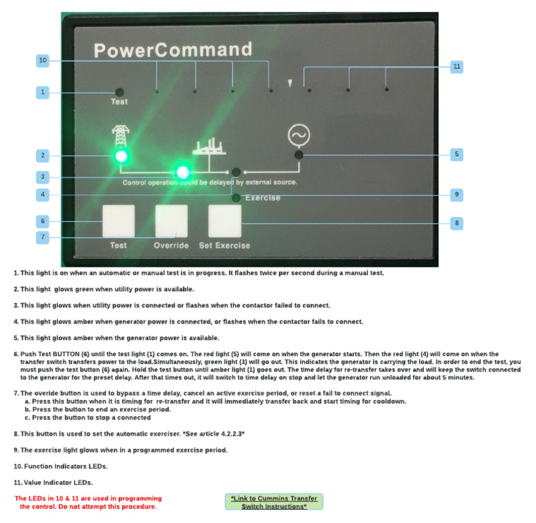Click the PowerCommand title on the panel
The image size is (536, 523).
click(x=172, y=50)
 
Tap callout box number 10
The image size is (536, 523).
click(x=43, y=61)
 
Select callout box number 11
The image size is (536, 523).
click(x=456, y=66)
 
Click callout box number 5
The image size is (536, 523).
click(x=456, y=154)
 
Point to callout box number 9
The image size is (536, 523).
click(x=456, y=194)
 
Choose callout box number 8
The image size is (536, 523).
click(x=456, y=223)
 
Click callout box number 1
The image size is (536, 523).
click(x=43, y=91)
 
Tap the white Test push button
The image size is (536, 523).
click(x=118, y=221)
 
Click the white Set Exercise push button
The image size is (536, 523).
click(x=225, y=221)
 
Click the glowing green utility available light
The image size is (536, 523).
click(x=121, y=156)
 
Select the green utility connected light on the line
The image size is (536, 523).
click(x=183, y=171)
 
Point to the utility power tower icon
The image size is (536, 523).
click(x=120, y=135)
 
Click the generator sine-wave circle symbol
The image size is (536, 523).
click(x=299, y=135)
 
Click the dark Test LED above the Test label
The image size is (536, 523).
click(x=119, y=91)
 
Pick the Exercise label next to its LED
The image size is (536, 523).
click(x=262, y=198)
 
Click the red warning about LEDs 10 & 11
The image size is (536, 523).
click(x=88, y=502)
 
